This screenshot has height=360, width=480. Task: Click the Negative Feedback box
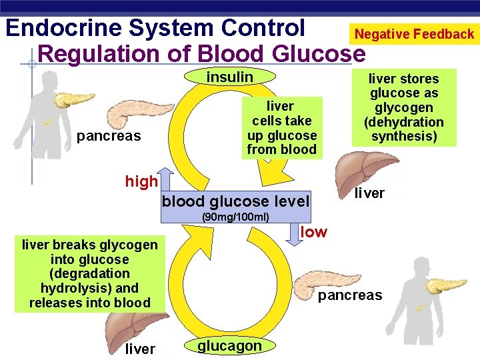[414, 34]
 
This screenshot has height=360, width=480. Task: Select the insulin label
[230, 77]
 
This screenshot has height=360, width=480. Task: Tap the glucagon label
[229, 345]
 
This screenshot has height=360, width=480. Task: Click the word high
[141, 181]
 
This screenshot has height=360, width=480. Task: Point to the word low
[314, 231]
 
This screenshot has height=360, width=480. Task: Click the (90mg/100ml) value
[236, 217]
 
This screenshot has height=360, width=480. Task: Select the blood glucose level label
[236, 201]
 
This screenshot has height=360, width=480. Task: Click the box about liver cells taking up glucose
[281, 128]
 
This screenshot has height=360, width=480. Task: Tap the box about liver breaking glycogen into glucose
[90, 274]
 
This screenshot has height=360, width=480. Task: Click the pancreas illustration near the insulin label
[140, 115]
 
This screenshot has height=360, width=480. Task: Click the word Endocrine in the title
[64, 29]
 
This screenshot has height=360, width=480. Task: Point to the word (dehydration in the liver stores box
[404, 122]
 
